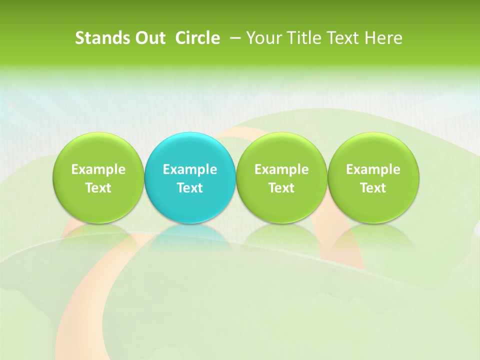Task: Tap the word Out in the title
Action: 149,38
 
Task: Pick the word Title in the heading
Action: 301,38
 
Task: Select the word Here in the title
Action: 383,38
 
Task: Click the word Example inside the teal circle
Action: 190,169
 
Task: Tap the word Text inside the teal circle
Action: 190,188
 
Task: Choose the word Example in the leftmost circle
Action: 98,169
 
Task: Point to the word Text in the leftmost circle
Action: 98,188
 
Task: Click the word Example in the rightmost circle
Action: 373,169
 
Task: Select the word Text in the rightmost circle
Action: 373,188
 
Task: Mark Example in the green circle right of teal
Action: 281,169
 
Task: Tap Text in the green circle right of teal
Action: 281,188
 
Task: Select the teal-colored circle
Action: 190,150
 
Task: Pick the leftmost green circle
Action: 98,150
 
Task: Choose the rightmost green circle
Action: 373,150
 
